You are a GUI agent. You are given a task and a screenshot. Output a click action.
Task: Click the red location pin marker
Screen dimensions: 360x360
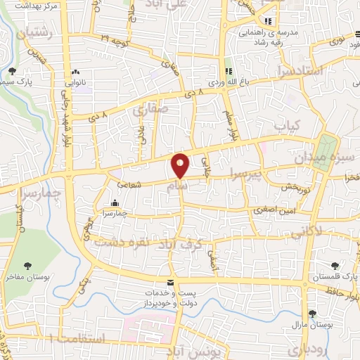pyautogui.click(x=180, y=165)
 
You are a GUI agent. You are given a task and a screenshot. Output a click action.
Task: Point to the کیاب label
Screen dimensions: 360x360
pyautogui.click(x=287, y=125)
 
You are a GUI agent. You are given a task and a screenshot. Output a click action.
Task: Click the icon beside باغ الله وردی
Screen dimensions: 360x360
pyautogui.click(x=228, y=71)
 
